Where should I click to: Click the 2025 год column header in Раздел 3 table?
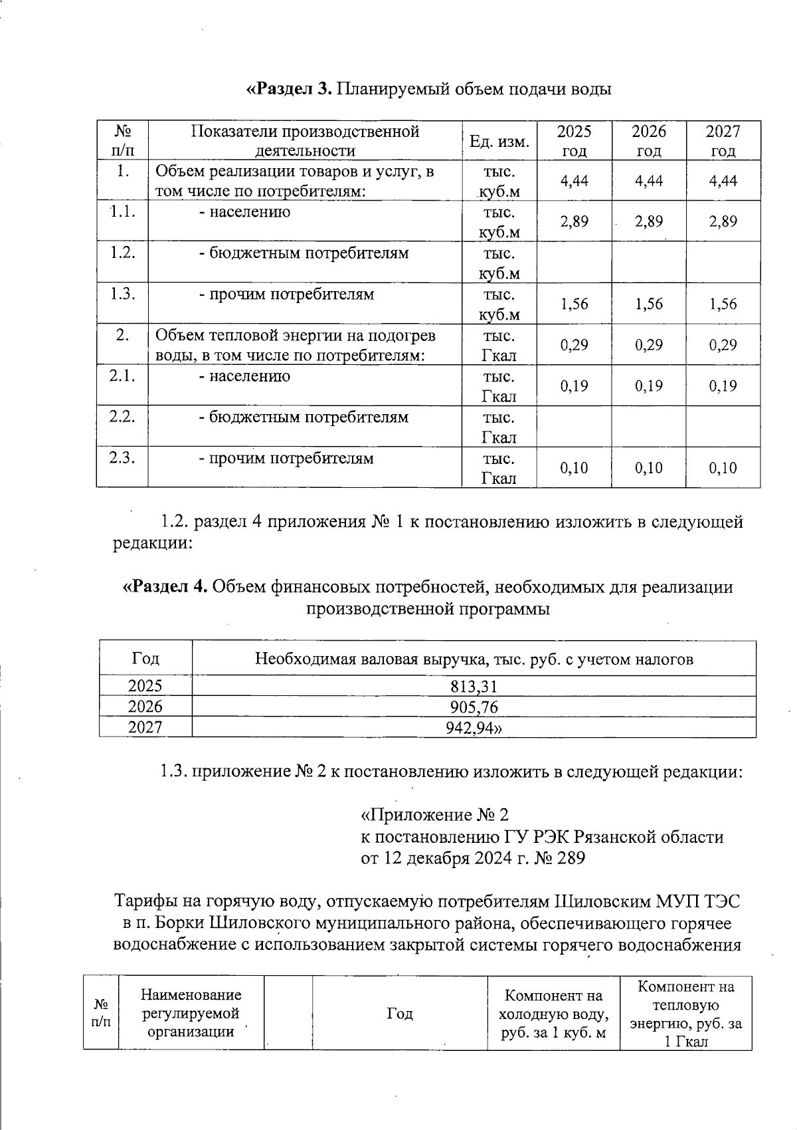(x=574, y=141)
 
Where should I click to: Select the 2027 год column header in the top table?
(x=723, y=141)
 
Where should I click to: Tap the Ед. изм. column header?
(x=499, y=142)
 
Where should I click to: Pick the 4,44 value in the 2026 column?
(x=648, y=181)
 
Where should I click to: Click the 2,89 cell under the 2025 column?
(x=574, y=222)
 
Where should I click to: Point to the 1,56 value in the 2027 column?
(x=723, y=304)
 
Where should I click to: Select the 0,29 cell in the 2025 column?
(x=574, y=345)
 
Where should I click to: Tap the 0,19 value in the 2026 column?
(x=648, y=386)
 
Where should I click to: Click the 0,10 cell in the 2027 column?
(x=723, y=468)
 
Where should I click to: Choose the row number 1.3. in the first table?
(x=122, y=294)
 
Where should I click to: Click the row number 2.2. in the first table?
(x=122, y=417)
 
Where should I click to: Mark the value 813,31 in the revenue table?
(x=474, y=687)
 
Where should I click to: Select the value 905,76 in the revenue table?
(x=474, y=707)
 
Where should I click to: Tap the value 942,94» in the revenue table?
(x=474, y=728)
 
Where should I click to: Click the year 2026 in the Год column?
(x=145, y=707)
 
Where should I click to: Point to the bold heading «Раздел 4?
(x=166, y=587)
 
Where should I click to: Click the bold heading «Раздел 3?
(x=289, y=88)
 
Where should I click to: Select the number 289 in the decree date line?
(x=571, y=858)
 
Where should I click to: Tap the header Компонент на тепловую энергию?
(x=685, y=1014)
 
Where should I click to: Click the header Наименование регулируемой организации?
(x=191, y=1014)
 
